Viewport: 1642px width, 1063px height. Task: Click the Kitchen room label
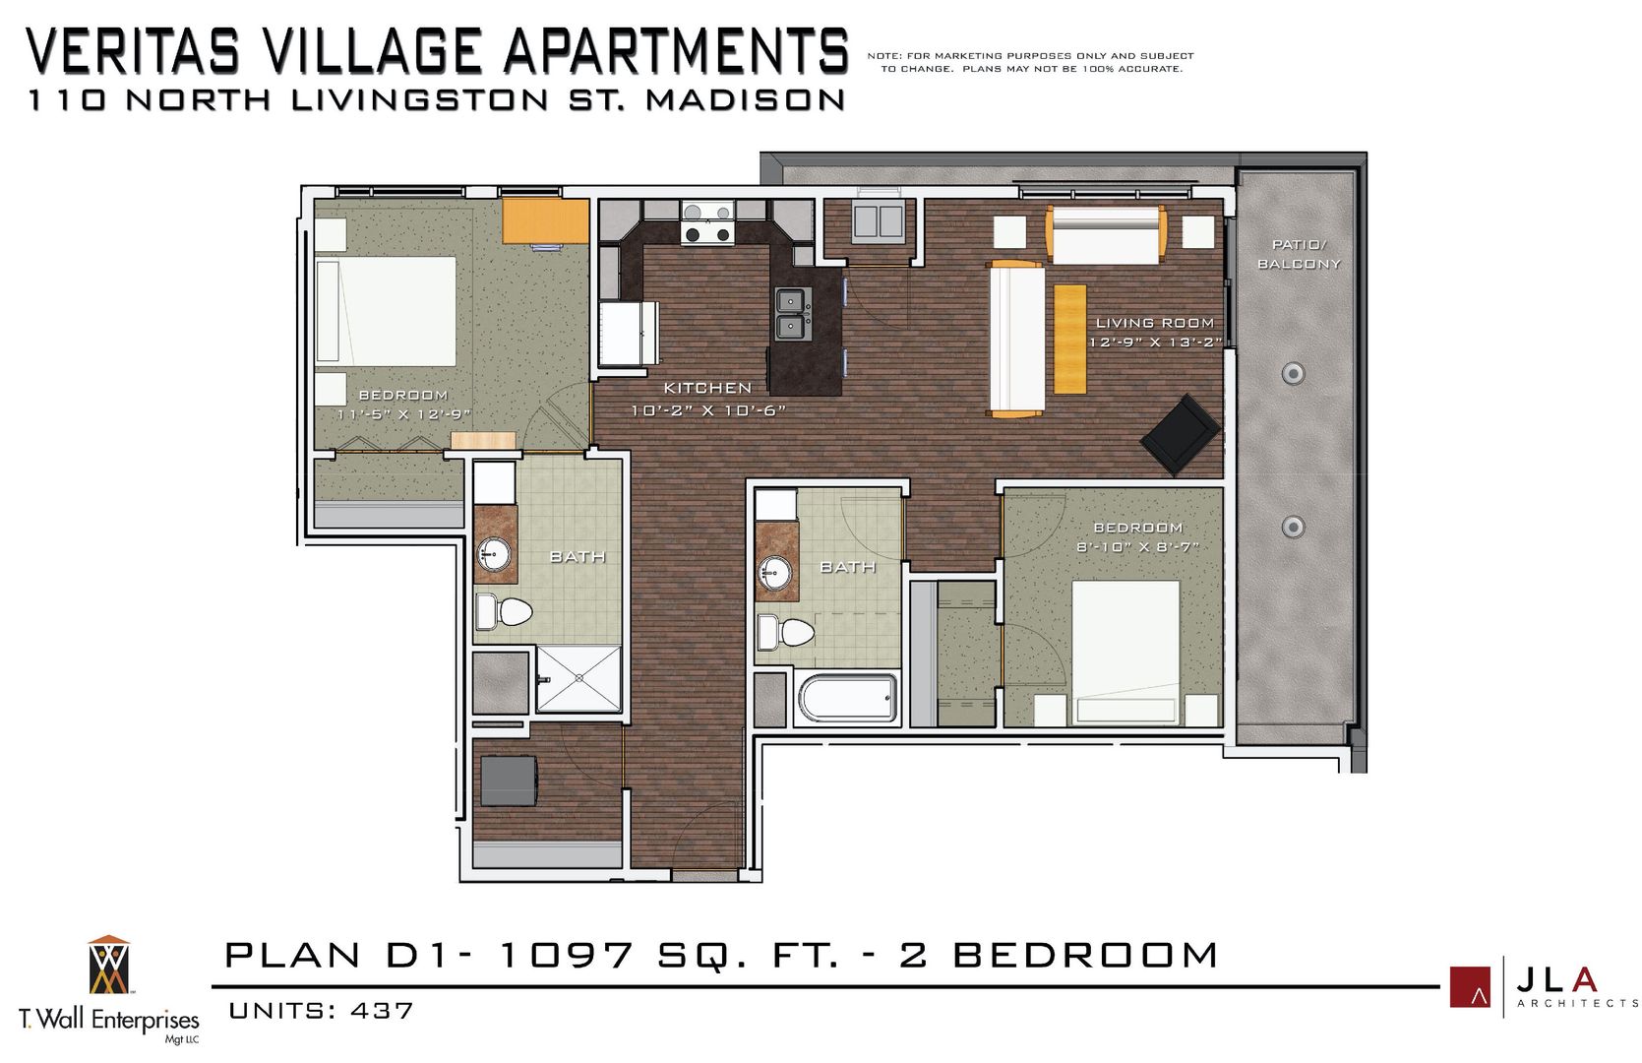coord(706,388)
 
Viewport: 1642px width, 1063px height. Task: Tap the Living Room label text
coord(1154,323)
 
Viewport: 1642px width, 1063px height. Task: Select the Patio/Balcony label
coord(1299,254)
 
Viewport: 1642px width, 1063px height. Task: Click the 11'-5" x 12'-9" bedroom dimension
coord(403,414)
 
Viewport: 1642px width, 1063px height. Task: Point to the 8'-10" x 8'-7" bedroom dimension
coord(1137,547)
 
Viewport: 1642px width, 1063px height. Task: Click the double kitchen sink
coord(789,313)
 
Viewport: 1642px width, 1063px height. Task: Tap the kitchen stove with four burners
coord(707,222)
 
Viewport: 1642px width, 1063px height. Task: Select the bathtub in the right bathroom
coord(848,698)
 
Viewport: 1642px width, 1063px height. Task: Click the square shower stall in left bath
coord(578,678)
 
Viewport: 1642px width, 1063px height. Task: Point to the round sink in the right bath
coord(775,572)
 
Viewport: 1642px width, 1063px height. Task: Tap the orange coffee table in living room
coord(1069,339)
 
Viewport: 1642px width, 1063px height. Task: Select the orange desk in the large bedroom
coord(545,220)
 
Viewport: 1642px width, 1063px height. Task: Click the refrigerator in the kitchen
coord(628,335)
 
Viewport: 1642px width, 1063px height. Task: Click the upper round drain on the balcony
coord(1293,373)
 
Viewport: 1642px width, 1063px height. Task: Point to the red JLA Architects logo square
coord(1470,987)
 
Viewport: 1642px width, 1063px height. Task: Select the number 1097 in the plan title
coord(566,955)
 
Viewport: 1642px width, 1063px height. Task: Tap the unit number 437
coord(382,1011)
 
